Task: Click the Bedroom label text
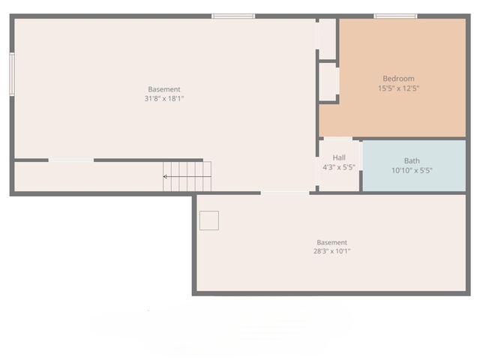398,79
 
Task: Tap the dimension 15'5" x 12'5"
398,88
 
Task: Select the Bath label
412,160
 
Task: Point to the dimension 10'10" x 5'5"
412,170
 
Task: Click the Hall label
339,157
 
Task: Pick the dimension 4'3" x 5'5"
339,167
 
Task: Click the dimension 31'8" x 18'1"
164,99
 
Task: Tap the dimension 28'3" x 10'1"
331,252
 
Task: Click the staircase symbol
187,176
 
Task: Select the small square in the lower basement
209,220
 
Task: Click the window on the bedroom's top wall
395,16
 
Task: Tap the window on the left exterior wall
12,73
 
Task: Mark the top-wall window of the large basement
233,16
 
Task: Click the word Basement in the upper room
164,89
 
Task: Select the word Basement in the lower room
331,242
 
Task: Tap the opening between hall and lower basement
285,193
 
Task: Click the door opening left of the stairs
71,160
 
